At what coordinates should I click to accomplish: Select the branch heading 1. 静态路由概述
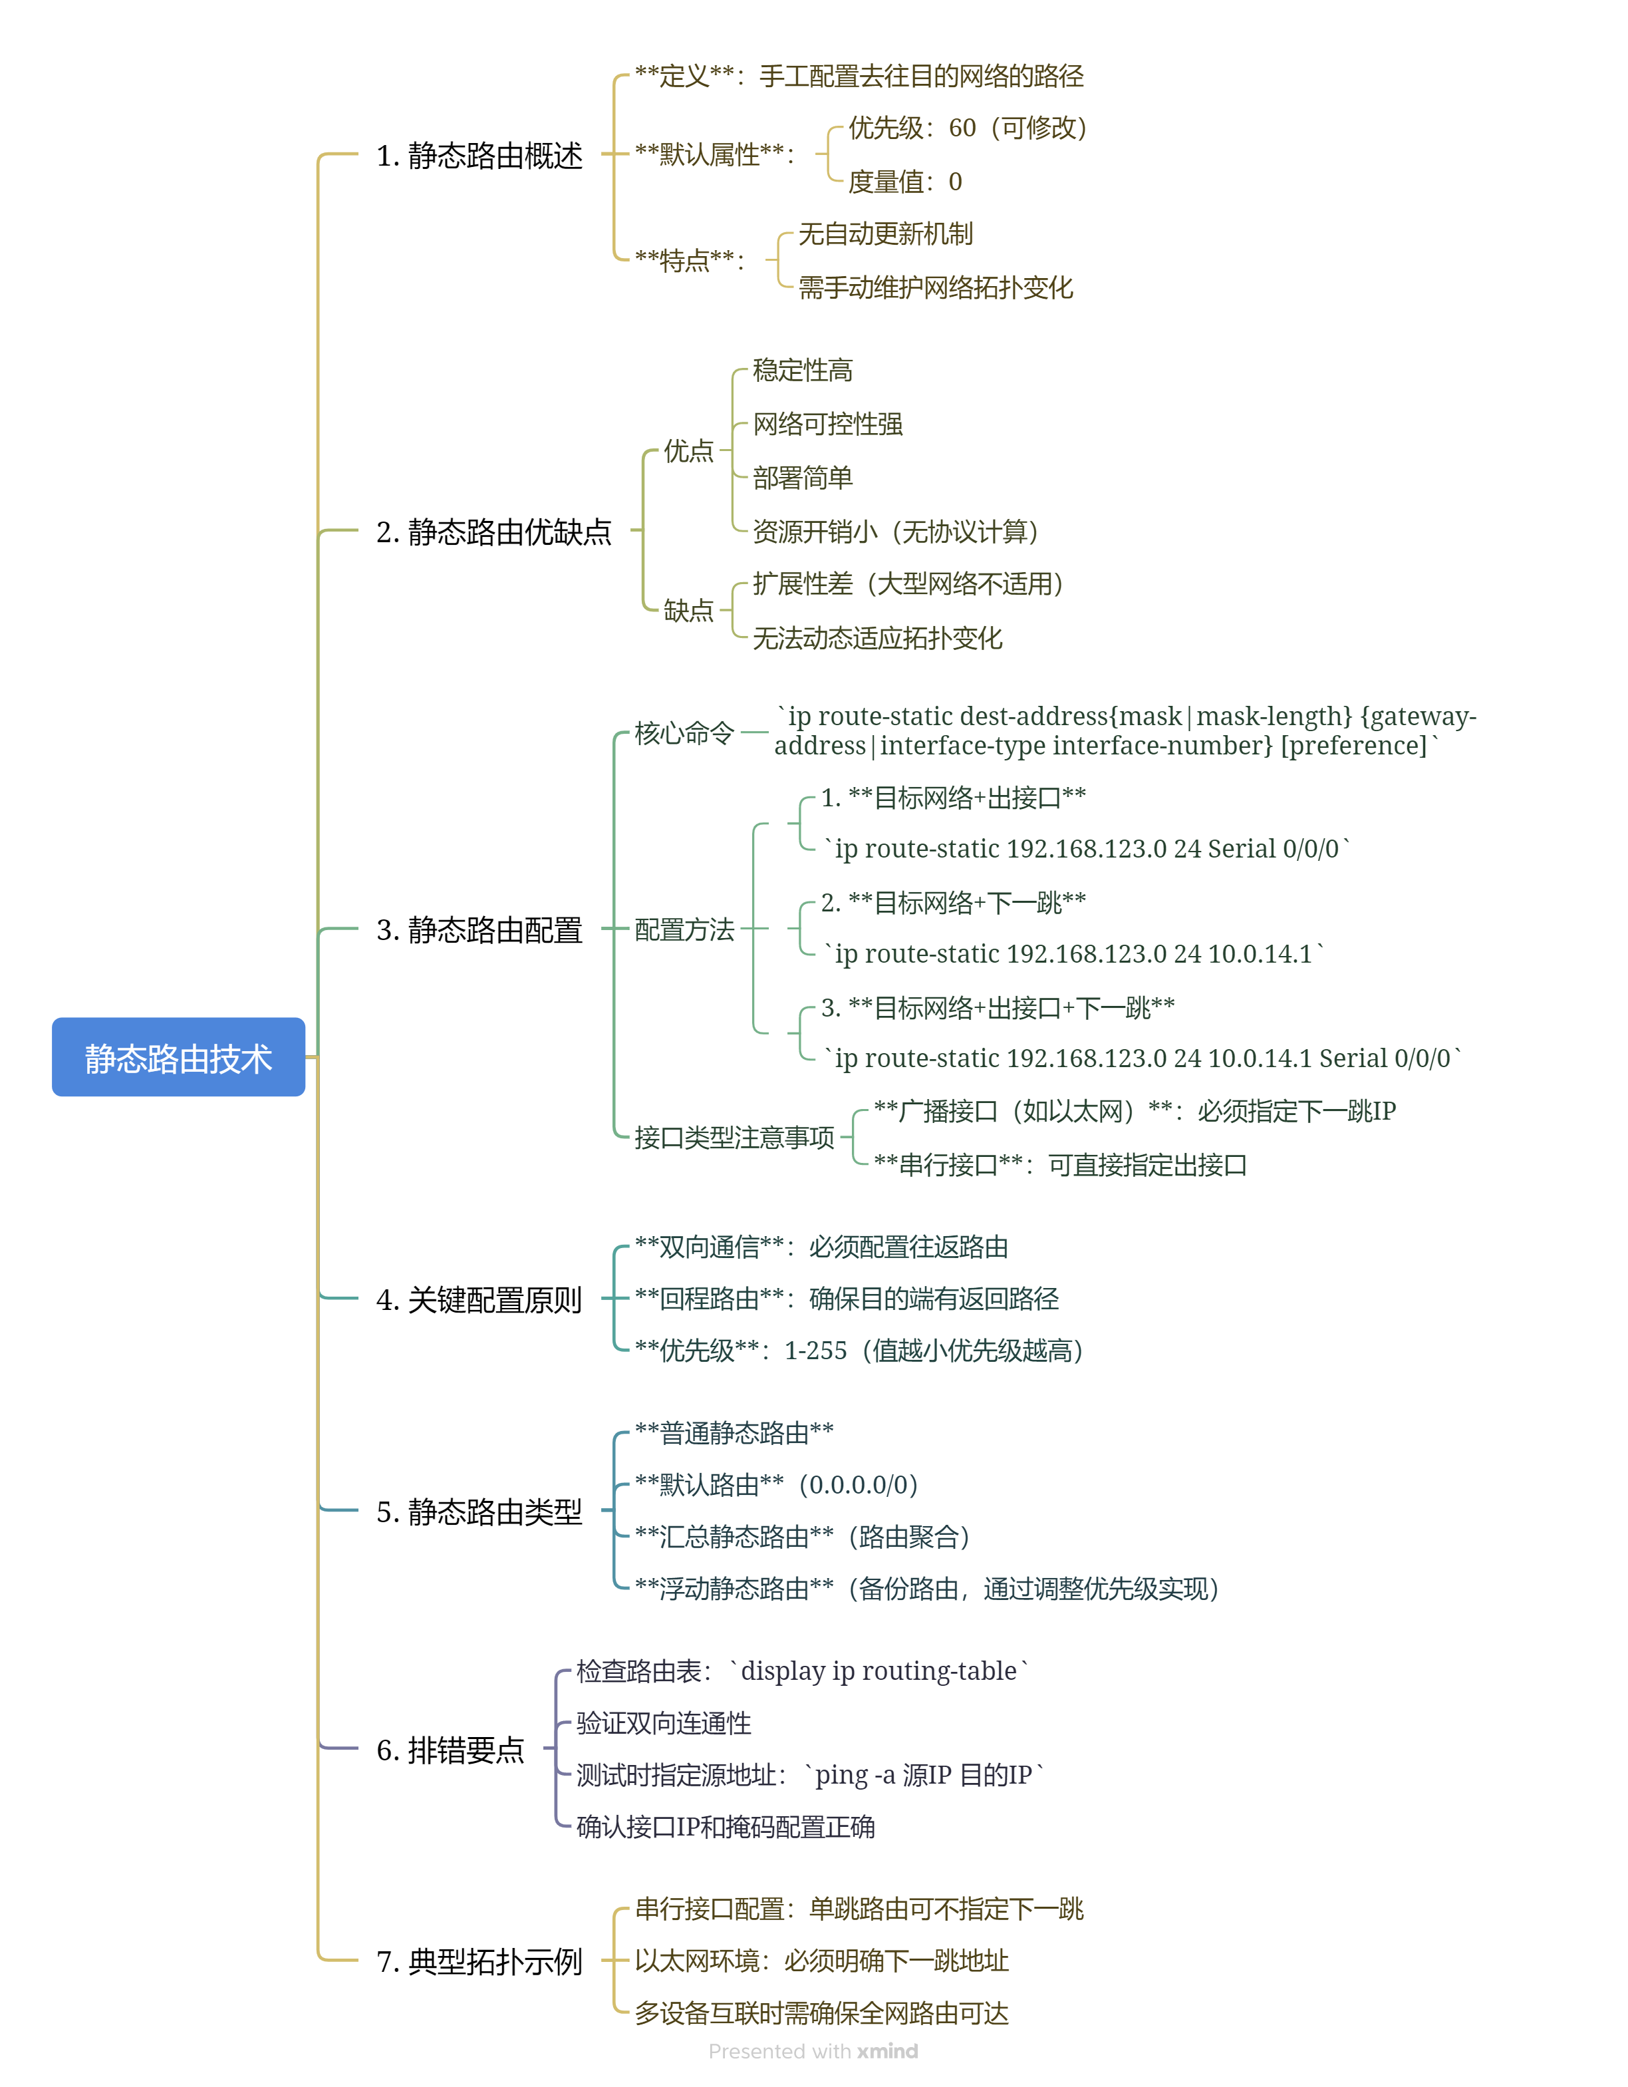click(x=479, y=155)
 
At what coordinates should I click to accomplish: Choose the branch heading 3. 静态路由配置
click(x=479, y=929)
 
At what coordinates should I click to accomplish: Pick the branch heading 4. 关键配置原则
click(x=479, y=1299)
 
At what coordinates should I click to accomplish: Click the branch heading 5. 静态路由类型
click(x=479, y=1511)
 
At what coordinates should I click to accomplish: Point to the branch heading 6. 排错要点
click(x=450, y=1749)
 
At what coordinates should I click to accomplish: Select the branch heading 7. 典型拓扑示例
click(x=479, y=1961)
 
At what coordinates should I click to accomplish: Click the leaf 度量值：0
click(x=904, y=182)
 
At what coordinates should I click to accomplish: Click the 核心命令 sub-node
click(x=684, y=733)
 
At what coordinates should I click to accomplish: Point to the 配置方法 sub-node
click(x=684, y=929)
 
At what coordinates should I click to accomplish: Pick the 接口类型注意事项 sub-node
click(x=734, y=1137)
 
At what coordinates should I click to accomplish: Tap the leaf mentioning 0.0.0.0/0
click(x=776, y=1484)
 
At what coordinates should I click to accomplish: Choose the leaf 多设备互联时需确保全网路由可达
click(x=821, y=2012)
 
